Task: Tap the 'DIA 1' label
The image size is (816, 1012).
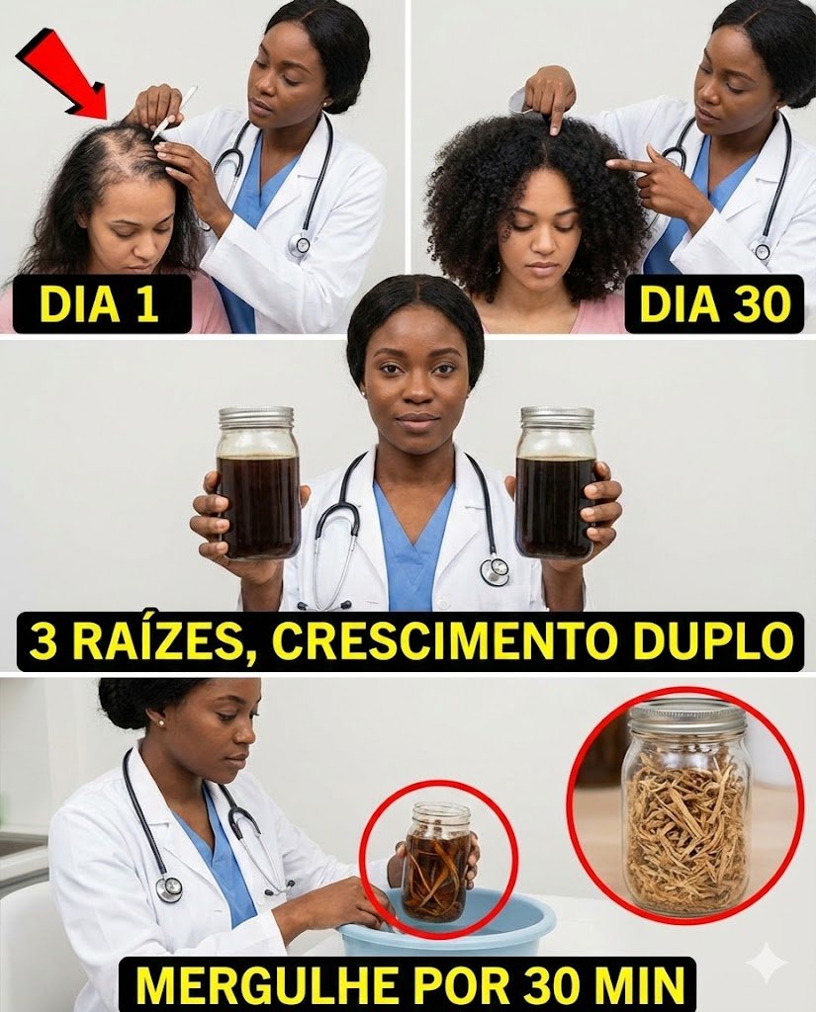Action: click(x=97, y=303)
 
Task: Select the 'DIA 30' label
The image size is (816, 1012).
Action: click(x=714, y=303)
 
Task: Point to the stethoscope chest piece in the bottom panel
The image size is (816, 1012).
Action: click(x=170, y=888)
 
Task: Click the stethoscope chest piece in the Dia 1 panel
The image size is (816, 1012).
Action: click(x=301, y=244)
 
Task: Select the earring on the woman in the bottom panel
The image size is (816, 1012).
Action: click(x=159, y=724)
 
